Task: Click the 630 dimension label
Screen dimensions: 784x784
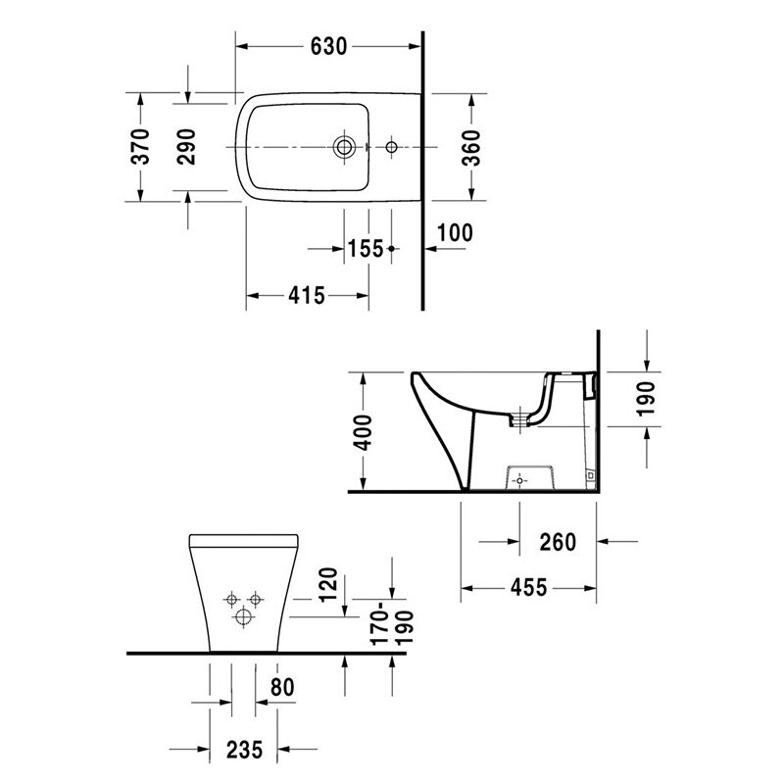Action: coord(328,46)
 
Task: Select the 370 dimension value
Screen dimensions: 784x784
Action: coord(141,146)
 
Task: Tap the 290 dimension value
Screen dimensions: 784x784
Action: coord(186,146)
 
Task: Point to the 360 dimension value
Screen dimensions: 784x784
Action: coord(471,148)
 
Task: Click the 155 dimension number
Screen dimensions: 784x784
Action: coord(366,249)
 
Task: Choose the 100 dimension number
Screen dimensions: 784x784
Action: coord(455,233)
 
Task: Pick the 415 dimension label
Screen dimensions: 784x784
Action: coord(307,296)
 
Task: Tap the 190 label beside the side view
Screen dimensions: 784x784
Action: coord(646,399)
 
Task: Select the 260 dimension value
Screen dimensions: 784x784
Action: coord(558,542)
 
